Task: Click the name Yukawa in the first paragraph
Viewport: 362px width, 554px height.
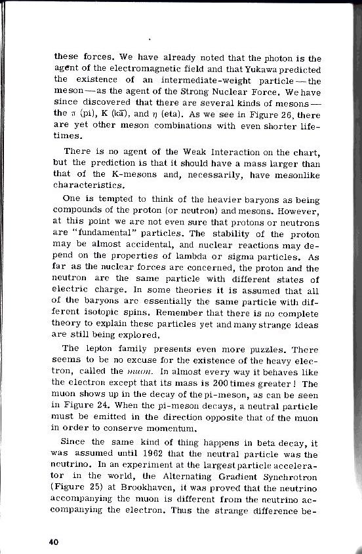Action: [x=263, y=69]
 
